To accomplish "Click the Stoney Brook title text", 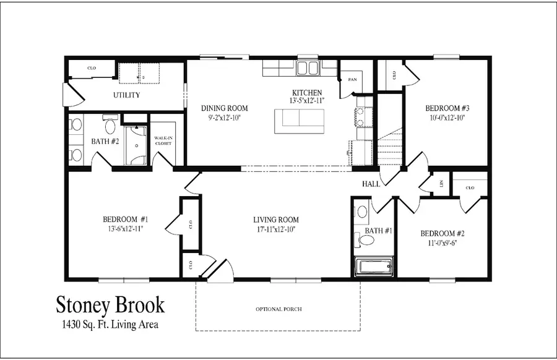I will pyautogui.click(x=111, y=305).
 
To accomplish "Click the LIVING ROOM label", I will pyautogui.click(x=276, y=220).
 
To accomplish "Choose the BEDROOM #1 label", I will pyautogui.click(x=126, y=219).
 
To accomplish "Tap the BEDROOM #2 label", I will pyautogui.click(x=442, y=233).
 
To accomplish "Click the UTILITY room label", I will pyautogui.click(x=126, y=95).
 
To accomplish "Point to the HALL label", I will pyautogui.click(x=371, y=184).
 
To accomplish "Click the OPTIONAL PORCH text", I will pyautogui.click(x=278, y=309).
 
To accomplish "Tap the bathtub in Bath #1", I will pyautogui.click(x=373, y=268).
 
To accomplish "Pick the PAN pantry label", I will pyautogui.click(x=352, y=79).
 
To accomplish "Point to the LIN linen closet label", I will pyautogui.click(x=441, y=184).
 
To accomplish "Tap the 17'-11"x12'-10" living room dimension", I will pyautogui.click(x=276, y=230).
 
